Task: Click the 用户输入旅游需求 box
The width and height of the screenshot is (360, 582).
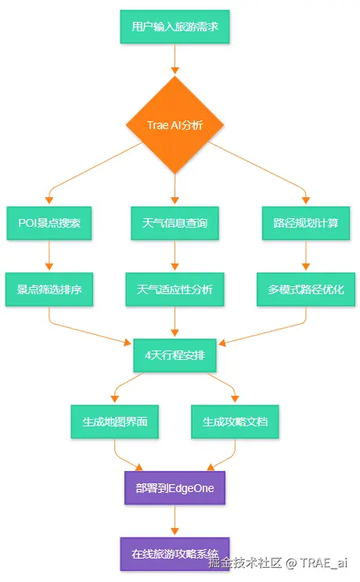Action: pos(175,27)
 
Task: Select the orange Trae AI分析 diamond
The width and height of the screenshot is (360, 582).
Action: pos(175,124)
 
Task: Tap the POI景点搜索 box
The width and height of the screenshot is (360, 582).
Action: pos(49,223)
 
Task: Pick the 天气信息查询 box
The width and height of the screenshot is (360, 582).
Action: pos(175,223)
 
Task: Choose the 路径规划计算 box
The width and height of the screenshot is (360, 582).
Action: pos(306,223)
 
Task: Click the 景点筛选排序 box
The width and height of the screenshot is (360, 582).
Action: pos(49,289)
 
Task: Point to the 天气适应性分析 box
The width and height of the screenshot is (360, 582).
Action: pos(175,289)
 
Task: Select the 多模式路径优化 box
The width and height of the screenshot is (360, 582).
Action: pos(306,289)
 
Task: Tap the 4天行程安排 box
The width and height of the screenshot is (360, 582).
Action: pos(175,355)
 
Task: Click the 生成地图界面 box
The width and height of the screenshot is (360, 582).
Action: pos(115,422)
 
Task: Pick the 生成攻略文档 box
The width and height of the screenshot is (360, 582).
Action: pos(235,422)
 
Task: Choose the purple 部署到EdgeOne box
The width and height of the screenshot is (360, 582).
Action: pos(175,487)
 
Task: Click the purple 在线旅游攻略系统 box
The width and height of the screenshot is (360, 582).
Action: pos(175,554)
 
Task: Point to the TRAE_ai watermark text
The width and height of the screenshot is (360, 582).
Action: pos(323,562)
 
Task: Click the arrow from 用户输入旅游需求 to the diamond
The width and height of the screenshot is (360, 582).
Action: pos(175,59)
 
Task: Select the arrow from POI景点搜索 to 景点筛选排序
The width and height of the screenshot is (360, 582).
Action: pos(49,255)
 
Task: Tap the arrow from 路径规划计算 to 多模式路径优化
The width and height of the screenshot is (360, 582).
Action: pos(306,255)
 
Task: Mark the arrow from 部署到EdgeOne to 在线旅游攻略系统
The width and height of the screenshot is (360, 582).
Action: pos(175,520)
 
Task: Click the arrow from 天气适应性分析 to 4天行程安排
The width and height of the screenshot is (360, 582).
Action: pos(175,322)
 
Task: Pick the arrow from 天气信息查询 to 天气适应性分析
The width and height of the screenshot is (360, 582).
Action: pos(175,255)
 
